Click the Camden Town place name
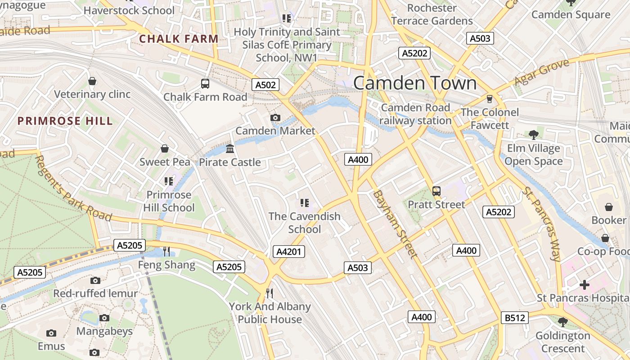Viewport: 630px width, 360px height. (415, 83)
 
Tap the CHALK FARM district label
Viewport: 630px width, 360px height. (179, 39)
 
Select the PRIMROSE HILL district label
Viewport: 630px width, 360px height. (65, 121)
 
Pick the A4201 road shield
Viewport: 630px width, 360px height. (288, 252)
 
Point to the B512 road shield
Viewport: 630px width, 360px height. (514, 318)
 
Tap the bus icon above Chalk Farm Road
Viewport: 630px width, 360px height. (205, 83)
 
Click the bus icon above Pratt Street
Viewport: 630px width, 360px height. (436, 191)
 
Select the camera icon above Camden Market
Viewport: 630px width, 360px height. (275, 118)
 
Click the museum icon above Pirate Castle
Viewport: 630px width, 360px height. (230, 149)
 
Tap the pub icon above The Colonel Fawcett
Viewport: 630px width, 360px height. (490, 99)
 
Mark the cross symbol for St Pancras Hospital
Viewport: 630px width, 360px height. (584, 285)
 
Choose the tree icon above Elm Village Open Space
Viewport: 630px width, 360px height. (534, 135)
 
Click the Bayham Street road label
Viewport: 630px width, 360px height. (395, 224)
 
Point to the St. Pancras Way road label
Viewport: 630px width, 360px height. (542, 223)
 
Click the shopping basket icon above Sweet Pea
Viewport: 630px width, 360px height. (165, 148)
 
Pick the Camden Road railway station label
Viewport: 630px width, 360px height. (415, 114)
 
